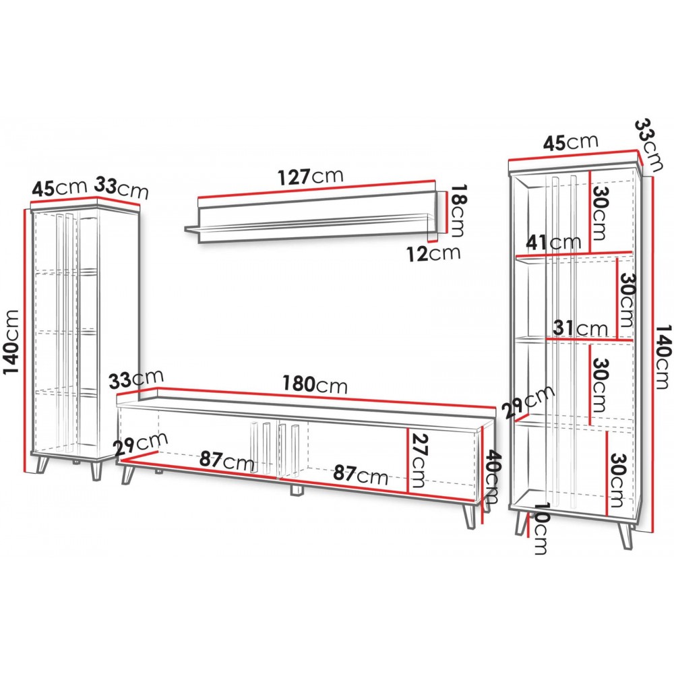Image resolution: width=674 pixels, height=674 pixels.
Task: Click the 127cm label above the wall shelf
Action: [311, 177]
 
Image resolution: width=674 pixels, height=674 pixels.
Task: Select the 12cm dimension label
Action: [433, 253]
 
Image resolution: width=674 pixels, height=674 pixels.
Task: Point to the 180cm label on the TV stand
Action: [315, 384]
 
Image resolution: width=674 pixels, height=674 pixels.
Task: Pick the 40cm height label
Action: [491, 477]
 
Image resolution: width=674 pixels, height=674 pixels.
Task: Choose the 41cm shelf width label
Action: [553, 243]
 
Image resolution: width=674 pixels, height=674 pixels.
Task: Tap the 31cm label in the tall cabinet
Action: [581, 328]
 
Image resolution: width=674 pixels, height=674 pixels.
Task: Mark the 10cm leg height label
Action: [540, 528]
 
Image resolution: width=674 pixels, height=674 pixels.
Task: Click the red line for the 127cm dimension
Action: [316, 189]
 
